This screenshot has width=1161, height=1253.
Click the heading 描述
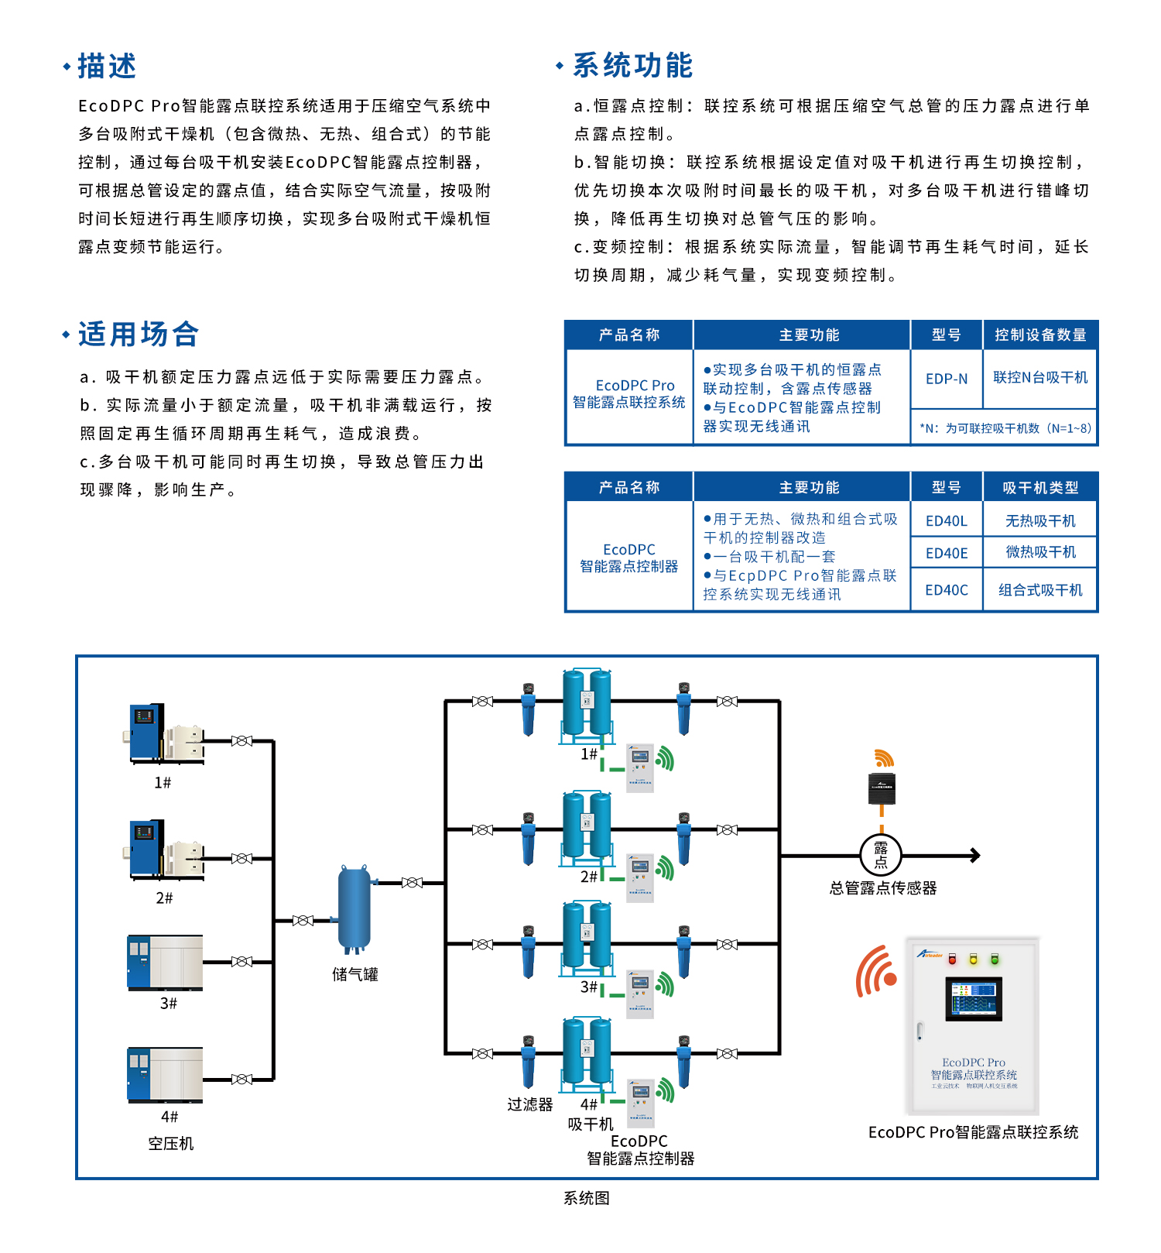pyautogui.click(x=107, y=67)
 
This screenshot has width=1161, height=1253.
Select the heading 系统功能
pyautogui.click(x=632, y=66)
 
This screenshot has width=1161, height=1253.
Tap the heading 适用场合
pyautogui.click(x=139, y=335)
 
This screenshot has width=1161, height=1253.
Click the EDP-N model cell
pyautogui.click(x=947, y=379)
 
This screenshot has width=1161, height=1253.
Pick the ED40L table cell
pyautogui.click(x=947, y=520)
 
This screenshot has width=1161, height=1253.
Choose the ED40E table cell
pyautogui.click(x=947, y=553)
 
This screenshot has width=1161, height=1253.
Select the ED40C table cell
pyautogui.click(x=947, y=590)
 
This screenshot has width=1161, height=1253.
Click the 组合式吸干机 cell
pyautogui.click(x=1040, y=590)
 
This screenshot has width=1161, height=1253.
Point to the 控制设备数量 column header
pyautogui.click(x=1040, y=335)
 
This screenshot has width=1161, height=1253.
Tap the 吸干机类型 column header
pyautogui.click(x=1040, y=487)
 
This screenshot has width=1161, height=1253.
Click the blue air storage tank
pyautogui.click(x=354, y=909)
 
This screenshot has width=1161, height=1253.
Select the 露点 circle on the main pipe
pyautogui.click(x=881, y=855)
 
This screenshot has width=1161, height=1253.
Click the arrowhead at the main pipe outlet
pyautogui.click(x=975, y=855)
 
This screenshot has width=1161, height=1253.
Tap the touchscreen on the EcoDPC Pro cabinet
pyautogui.click(x=974, y=998)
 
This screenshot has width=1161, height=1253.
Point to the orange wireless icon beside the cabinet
pyautogui.click(x=876, y=971)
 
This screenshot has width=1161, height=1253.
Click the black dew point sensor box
pyautogui.click(x=882, y=788)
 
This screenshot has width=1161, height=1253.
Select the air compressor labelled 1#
pyautogui.click(x=164, y=733)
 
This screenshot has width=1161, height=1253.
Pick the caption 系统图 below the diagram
pyautogui.click(x=587, y=1198)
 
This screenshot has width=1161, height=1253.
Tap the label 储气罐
pyautogui.click(x=355, y=974)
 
